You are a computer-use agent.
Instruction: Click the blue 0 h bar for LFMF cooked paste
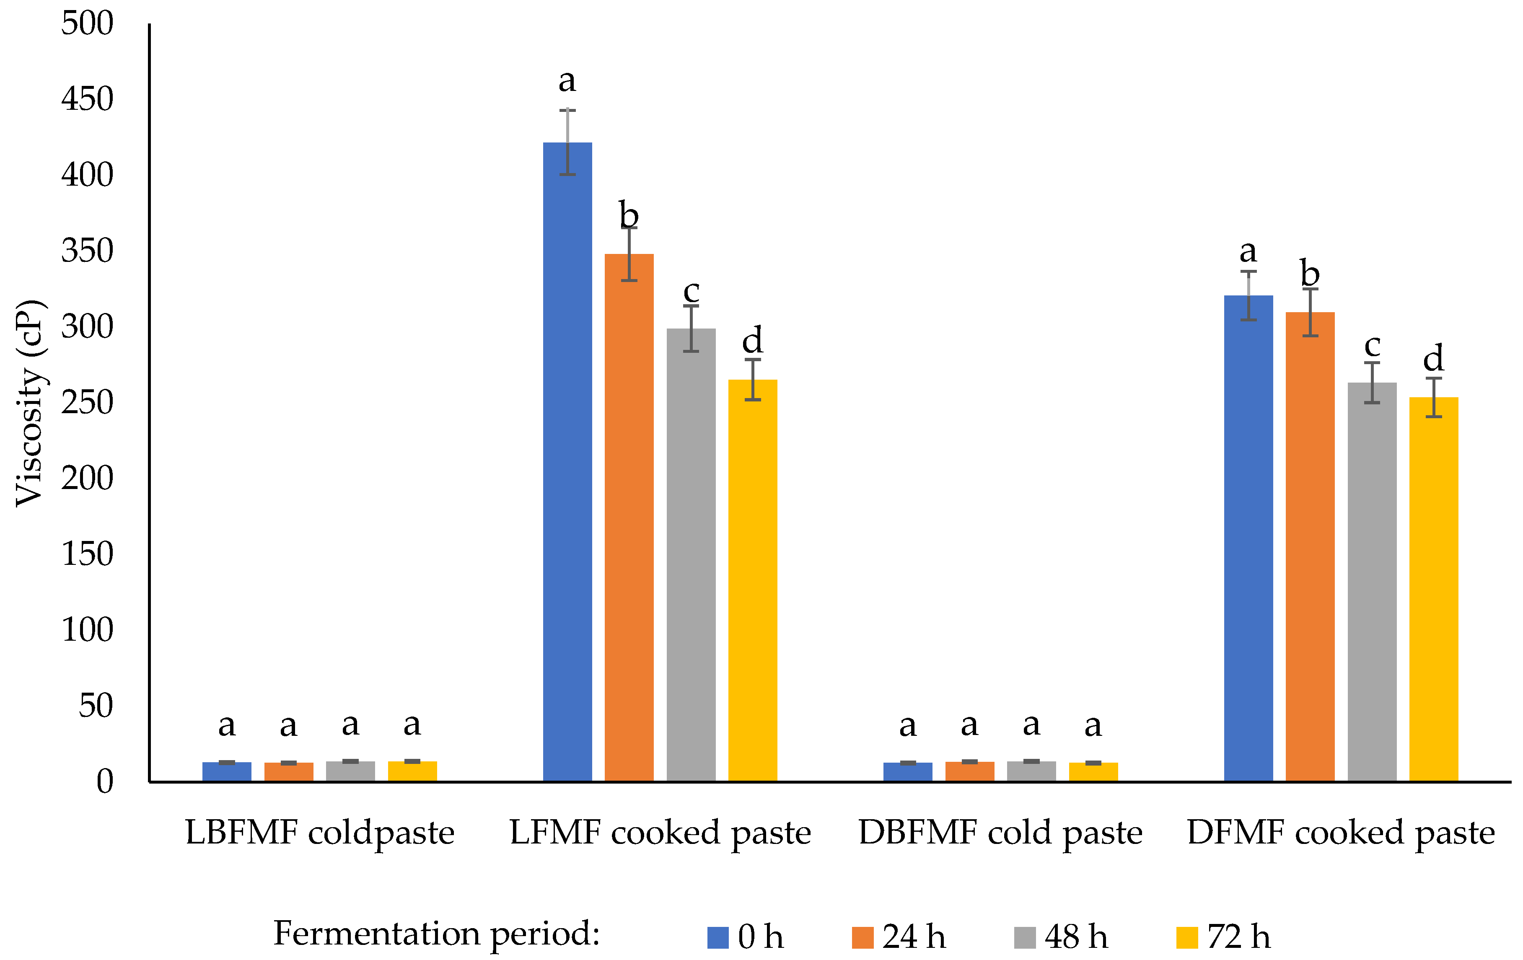pyautogui.click(x=567, y=462)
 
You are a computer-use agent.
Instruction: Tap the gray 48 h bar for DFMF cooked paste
pyautogui.click(x=1372, y=582)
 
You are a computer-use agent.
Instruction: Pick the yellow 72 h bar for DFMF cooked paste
pyautogui.click(x=1434, y=589)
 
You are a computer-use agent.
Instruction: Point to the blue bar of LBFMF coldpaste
pyautogui.click(x=226, y=771)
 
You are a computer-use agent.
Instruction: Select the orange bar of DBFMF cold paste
pyautogui.click(x=970, y=771)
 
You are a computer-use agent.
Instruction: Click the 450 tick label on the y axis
pyautogui.click(x=87, y=99)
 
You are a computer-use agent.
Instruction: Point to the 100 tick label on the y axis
pyautogui.click(x=87, y=630)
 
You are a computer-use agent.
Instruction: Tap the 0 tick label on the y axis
pyautogui.click(x=104, y=781)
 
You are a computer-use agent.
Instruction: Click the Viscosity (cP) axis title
pyautogui.click(x=30, y=403)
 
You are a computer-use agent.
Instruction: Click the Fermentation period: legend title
pyautogui.click(x=436, y=934)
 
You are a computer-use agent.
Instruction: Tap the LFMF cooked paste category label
pyautogui.click(x=660, y=832)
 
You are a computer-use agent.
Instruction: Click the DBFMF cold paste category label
pyautogui.click(x=1000, y=832)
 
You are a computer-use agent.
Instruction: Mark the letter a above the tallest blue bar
pyautogui.click(x=567, y=81)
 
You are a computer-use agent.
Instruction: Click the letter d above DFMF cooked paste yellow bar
pyautogui.click(x=1434, y=359)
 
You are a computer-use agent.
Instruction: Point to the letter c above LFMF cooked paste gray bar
pyautogui.click(x=691, y=292)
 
